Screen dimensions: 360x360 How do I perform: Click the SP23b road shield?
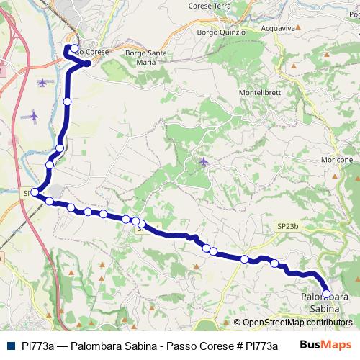coord(287,226)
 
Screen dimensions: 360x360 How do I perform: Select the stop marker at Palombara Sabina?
coord(326,293)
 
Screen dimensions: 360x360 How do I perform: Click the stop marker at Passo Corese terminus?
coord(74,49)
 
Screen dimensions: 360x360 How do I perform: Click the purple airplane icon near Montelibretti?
coord(204,161)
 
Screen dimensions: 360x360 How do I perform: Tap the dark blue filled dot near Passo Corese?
coord(87,63)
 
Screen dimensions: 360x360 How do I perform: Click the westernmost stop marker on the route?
coord(35,192)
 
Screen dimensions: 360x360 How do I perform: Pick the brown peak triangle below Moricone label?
coord(336,174)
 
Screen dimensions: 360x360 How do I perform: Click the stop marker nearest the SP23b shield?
coord(274,264)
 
